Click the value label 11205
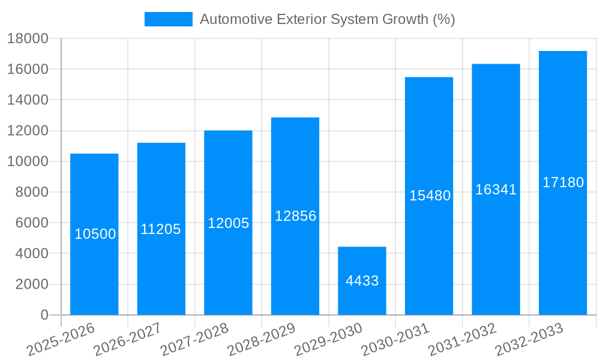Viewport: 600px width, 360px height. click(x=161, y=229)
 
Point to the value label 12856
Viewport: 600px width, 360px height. click(x=295, y=216)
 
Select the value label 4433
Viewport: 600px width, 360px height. click(x=362, y=281)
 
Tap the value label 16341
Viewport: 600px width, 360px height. click(x=496, y=190)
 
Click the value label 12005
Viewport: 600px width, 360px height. click(x=228, y=223)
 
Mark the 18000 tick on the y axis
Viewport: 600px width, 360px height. click(x=28, y=39)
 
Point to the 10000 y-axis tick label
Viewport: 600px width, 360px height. click(x=28, y=162)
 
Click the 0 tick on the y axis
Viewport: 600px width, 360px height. click(x=44, y=315)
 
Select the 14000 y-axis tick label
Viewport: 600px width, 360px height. click(x=28, y=100)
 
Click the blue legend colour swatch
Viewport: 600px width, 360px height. click(x=169, y=19)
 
